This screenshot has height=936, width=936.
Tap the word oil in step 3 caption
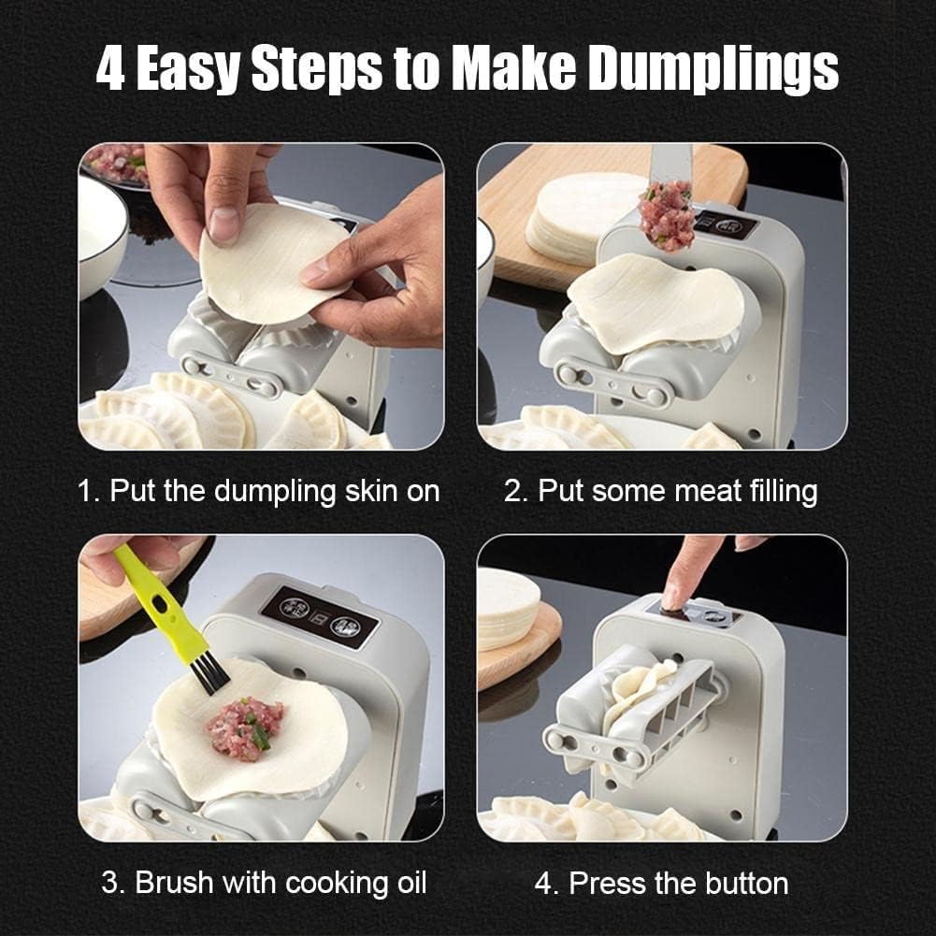click(409, 882)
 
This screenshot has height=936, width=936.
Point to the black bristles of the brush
click(210, 673)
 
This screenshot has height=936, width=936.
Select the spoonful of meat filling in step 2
click(668, 217)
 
